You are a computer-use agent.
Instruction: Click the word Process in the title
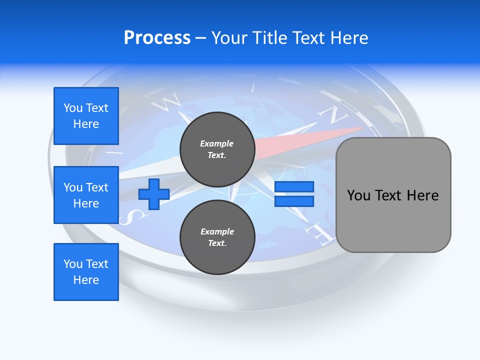click(157, 38)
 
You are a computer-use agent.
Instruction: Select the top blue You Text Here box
click(86, 116)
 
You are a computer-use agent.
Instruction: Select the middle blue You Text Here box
click(86, 195)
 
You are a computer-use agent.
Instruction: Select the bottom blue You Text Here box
click(86, 272)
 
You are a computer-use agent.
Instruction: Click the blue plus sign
click(154, 194)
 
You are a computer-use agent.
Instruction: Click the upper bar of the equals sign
click(294, 187)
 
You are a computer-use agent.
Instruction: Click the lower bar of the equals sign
click(294, 201)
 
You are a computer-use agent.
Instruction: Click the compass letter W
click(166, 102)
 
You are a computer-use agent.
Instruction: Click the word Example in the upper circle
click(217, 143)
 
